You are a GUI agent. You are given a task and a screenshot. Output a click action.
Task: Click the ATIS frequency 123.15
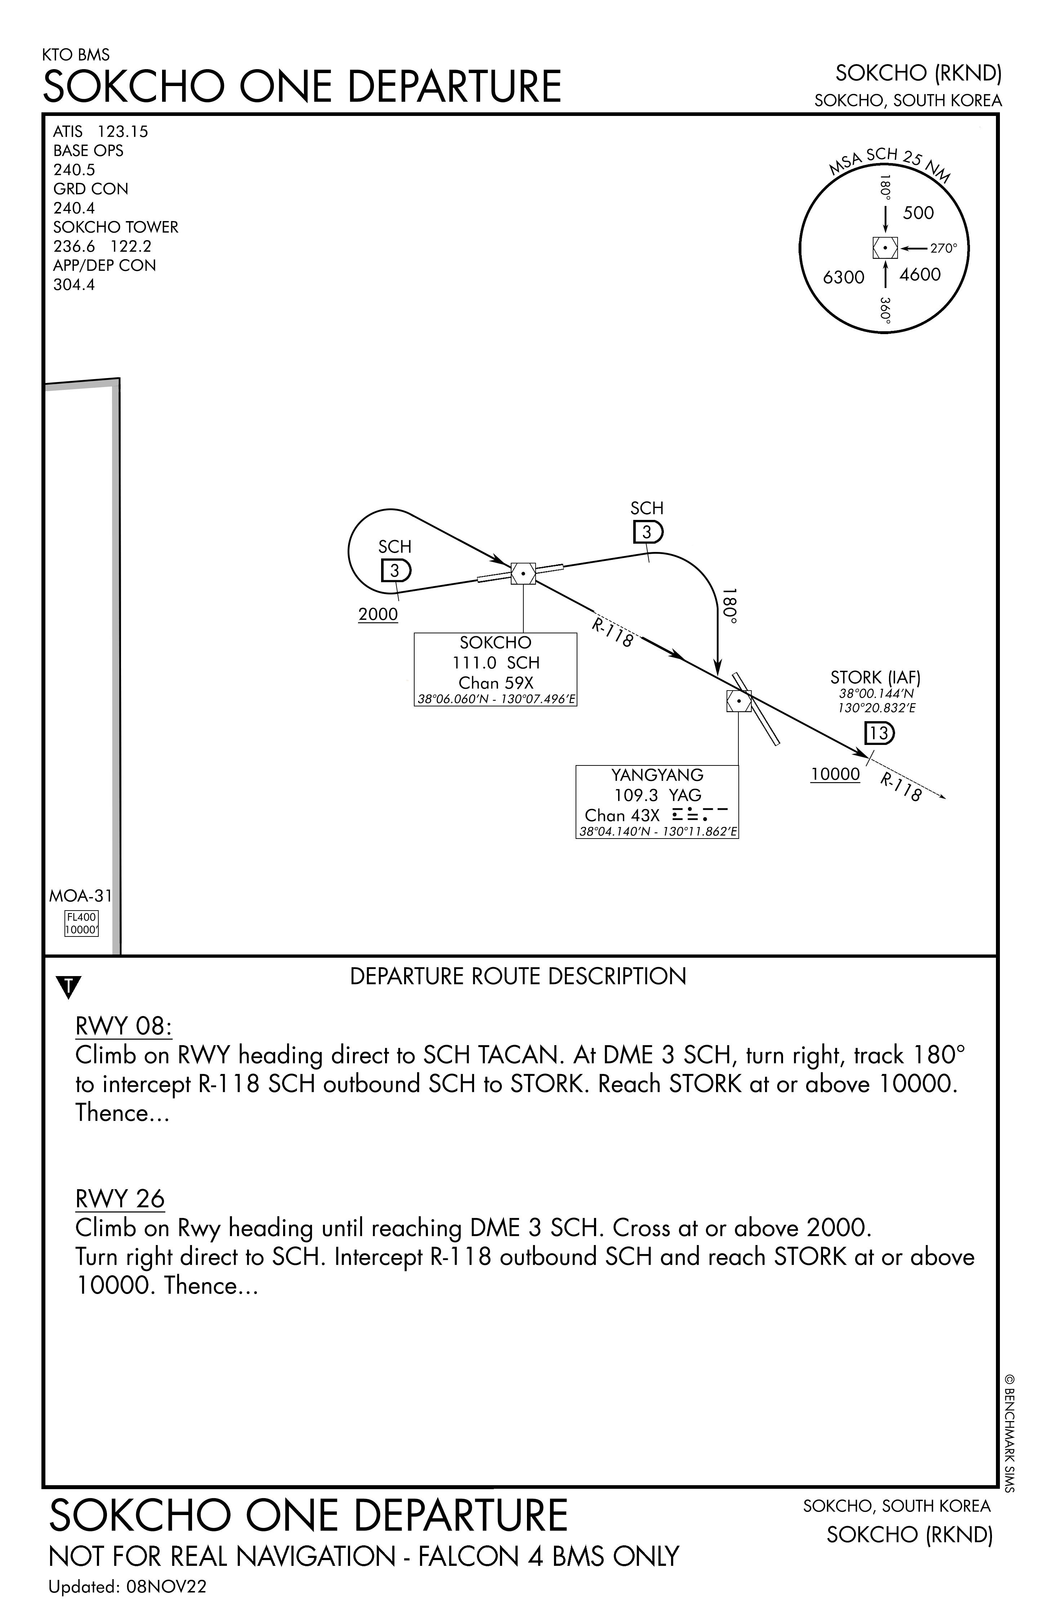(x=123, y=131)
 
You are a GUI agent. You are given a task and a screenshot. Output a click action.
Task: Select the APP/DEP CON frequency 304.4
(x=74, y=284)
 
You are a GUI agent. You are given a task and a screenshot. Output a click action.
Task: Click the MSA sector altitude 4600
(x=920, y=274)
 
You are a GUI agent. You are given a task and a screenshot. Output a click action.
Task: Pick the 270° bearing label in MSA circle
(x=943, y=248)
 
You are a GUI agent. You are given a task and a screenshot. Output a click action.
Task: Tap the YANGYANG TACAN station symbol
(x=739, y=701)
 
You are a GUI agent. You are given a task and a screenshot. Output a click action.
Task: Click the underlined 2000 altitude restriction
(x=378, y=615)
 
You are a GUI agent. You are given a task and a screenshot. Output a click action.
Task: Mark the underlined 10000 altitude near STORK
(x=835, y=774)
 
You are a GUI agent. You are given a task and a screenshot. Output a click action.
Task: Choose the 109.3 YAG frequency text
(x=658, y=795)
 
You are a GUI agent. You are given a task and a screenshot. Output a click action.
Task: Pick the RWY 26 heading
(x=120, y=1199)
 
